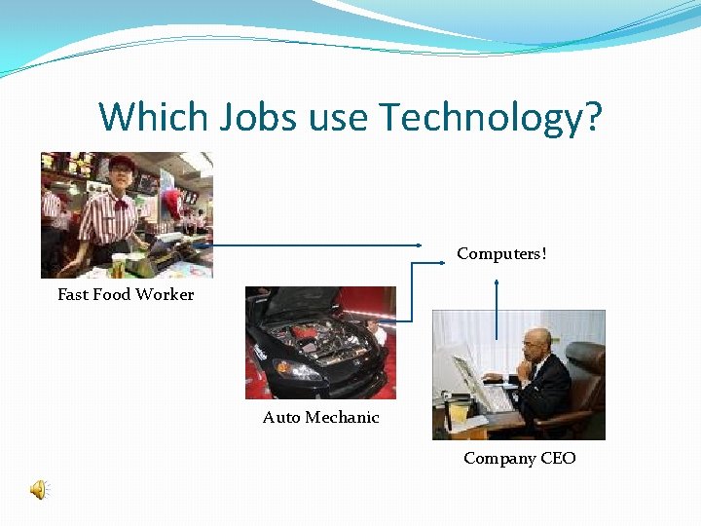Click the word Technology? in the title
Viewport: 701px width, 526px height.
[x=491, y=117]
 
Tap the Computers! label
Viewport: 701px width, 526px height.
[x=501, y=254]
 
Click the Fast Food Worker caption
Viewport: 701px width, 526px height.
[x=126, y=294]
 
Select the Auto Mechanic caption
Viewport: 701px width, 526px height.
[x=320, y=417]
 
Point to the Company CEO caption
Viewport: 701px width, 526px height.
[x=519, y=458]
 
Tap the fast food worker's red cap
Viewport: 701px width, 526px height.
[x=121, y=163]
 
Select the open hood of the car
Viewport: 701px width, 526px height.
[x=312, y=303]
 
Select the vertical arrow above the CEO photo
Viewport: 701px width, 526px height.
[x=498, y=309]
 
